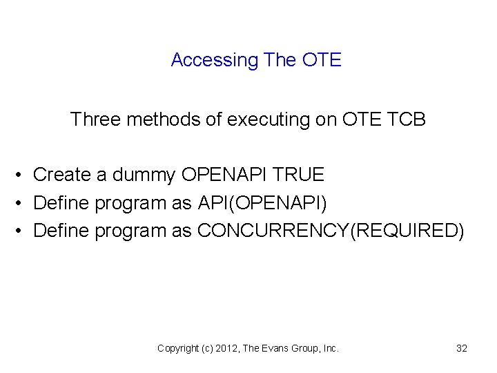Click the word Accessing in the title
tap(214, 60)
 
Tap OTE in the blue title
tap(322, 60)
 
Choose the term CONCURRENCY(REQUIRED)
tap(331, 230)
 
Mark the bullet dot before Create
tap(22, 175)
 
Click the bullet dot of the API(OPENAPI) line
tap(22, 202)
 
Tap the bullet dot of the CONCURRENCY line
tap(22, 230)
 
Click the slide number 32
tap(462, 348)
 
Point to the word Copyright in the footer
tap(179, 348)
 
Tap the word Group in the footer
tap(306, 348)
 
